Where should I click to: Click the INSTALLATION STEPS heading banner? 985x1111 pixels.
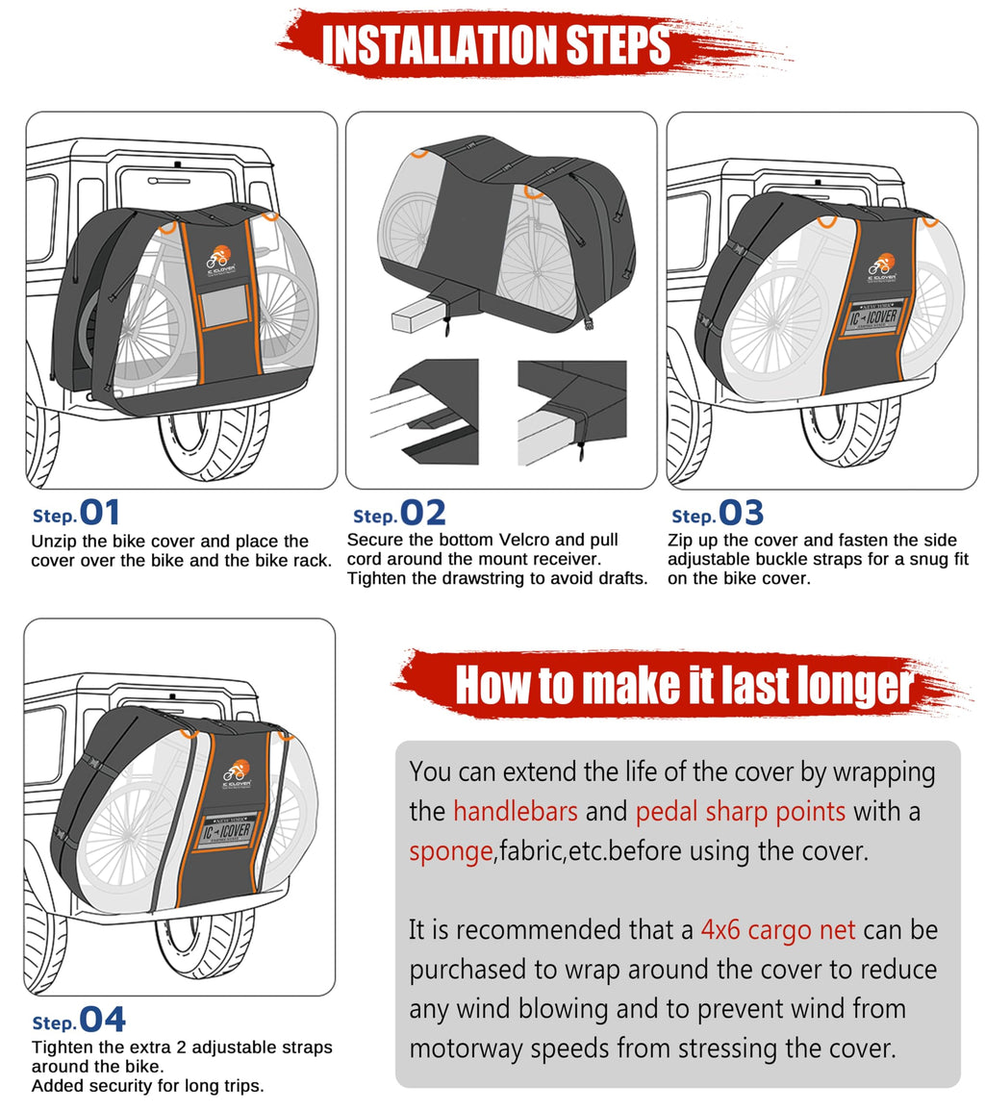(x=496, y=45)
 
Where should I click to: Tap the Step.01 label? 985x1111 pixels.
(x=77, y=513)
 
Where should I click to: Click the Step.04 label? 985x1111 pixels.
(x=79, y=1021)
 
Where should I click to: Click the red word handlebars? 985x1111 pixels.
(x=516, y=812)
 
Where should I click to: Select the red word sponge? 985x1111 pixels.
(x=450, y=851)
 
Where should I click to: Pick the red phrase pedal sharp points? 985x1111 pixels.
(x=740, y=812)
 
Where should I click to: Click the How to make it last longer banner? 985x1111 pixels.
(x=683, y=686)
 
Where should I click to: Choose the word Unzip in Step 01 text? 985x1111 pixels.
(x=53, y=542)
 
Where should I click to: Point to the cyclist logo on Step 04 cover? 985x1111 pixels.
(x=237, y=771)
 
